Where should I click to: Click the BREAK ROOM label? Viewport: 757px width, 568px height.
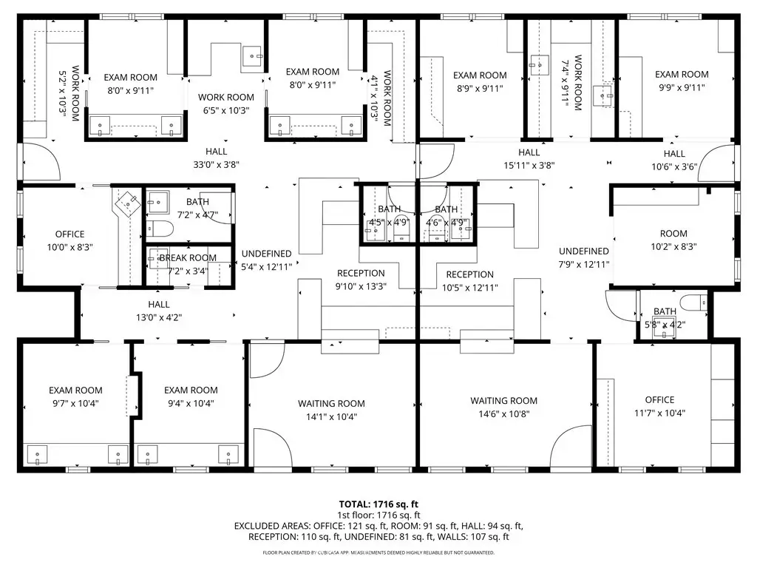[x=188, y=258]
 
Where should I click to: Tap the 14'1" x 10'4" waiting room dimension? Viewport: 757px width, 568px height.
[x=332, y=416]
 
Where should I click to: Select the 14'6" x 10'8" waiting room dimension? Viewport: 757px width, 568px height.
[x=504, y=413]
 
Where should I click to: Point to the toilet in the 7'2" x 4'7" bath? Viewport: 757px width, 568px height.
[x=160, y=228]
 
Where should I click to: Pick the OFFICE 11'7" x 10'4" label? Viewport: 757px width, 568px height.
[x=659, y=406]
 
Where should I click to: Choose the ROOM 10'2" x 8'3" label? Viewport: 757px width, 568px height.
[x=673, y=240]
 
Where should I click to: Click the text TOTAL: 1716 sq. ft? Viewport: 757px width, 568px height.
[x=378, y=504]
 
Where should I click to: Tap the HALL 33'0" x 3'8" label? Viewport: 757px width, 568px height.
[x=217, y=158]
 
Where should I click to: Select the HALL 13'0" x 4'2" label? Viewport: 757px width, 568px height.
[x=159, y=311]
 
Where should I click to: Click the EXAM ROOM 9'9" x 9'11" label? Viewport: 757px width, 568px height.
[x=682, y=81]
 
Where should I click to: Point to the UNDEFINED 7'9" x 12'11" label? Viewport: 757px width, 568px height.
[x=584, y=257]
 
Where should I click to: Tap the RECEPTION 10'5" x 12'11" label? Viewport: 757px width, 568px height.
[x=469, y=281]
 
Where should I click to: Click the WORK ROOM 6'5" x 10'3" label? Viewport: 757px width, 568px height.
[x=226, y=104]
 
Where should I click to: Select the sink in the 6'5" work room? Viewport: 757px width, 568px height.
[x=252, y=56]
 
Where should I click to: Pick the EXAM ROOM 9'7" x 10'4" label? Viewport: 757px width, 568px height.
[x=76, y=396]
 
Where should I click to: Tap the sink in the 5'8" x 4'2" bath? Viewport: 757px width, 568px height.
[x=665, y=331]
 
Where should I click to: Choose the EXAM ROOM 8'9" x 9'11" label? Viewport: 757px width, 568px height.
[x=480, y=81]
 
